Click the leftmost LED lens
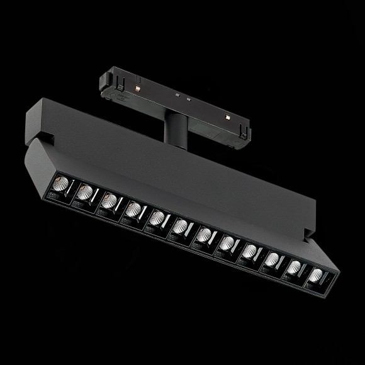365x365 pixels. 62,183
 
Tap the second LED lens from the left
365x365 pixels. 86,191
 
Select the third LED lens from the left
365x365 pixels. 109,200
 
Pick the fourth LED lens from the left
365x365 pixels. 133,209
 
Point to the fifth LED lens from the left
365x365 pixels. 157,218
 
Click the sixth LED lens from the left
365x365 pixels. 181,226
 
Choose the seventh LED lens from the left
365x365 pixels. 205,235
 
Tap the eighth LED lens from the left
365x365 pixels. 228,243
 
